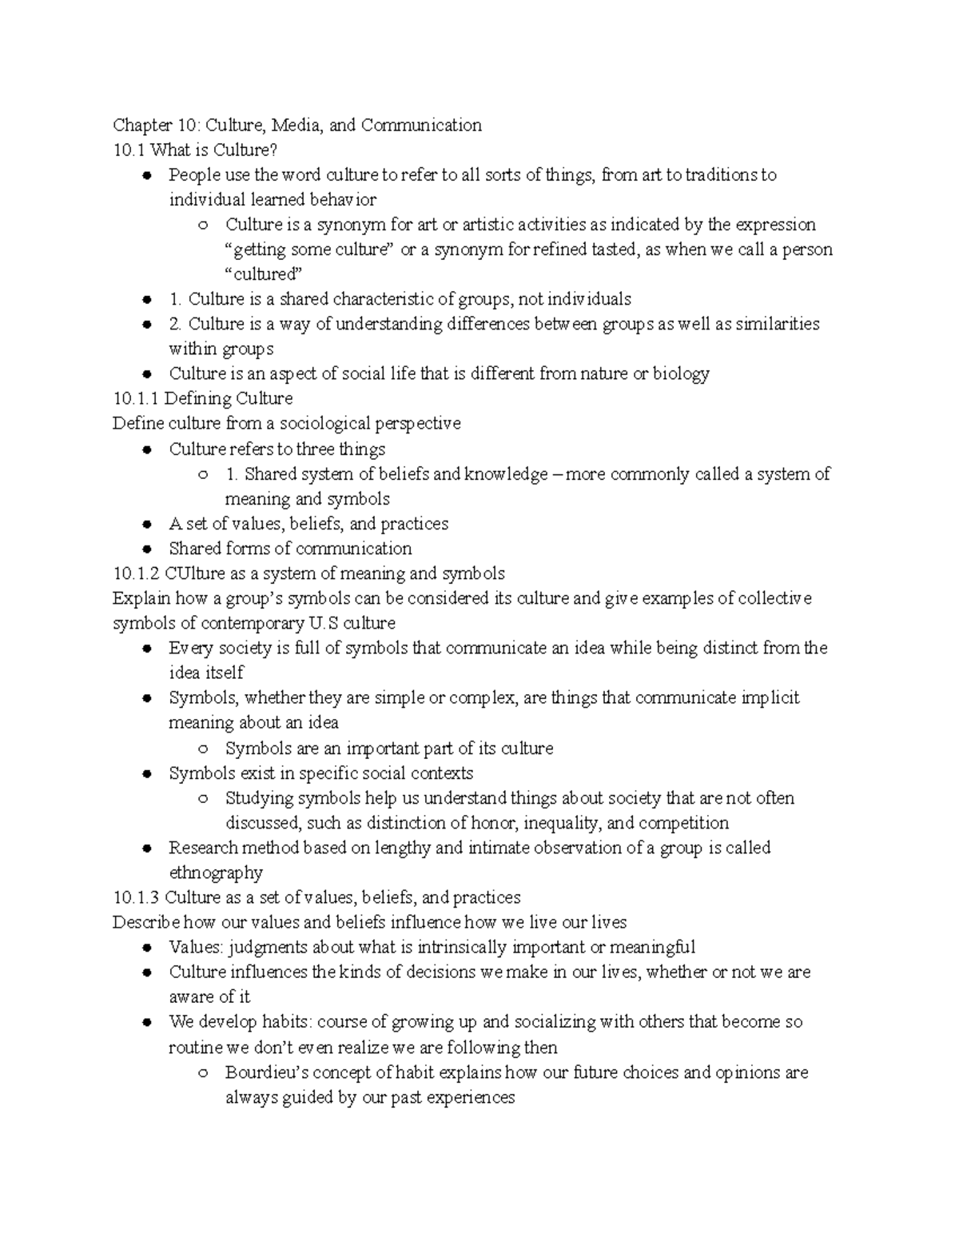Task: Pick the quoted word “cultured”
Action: [264, 274]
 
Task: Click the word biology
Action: [681, 373]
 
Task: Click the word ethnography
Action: [216, 873]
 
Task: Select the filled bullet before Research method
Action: [146, 849]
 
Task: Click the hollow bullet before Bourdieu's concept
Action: [203, 1073]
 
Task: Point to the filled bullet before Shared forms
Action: [146, 549]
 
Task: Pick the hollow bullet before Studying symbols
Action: [203, 798]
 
